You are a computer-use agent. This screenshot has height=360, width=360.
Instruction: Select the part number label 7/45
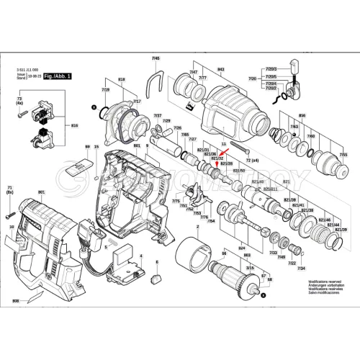pyautogui.click(x=156, y=57)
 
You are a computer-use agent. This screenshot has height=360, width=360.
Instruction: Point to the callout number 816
pyautogui.click(x=74, y=125)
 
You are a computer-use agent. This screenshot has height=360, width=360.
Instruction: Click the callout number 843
pyautogui.click(x=221, y=69)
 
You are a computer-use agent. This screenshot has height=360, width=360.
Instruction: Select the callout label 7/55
pyautogui.click(x=343, y=154)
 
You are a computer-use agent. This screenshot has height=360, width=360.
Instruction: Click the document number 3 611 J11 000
pyautogui.click(x=28, y=66)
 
